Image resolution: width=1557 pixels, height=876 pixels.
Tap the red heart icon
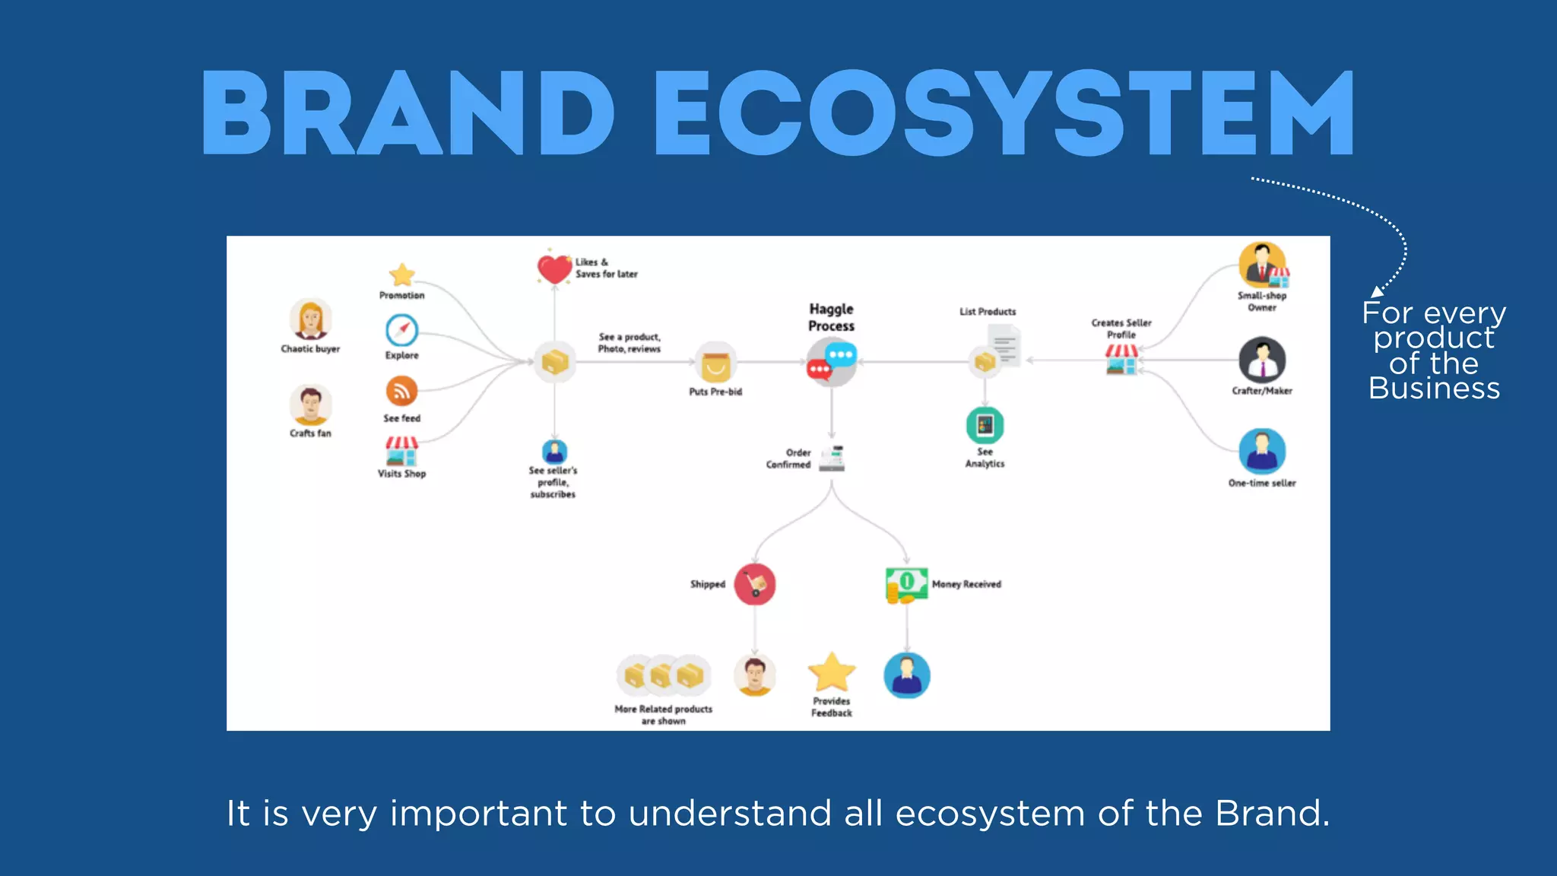tap(554, 269)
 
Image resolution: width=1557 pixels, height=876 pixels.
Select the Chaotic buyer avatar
tap(310, 319)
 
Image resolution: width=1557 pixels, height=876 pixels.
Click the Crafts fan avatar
tap(310, 405)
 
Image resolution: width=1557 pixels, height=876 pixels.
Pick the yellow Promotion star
tap(401, 275)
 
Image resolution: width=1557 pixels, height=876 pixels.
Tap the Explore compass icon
tap(401, 331)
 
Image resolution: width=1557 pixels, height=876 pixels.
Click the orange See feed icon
tap(401, 392)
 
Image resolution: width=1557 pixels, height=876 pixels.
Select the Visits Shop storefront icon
tap(401, 451)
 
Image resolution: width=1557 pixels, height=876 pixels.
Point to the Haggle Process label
tap(831, 317)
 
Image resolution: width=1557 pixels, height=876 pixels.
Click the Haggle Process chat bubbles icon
tap(831, 362)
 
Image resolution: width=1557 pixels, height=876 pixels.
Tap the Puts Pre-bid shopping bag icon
tap(715, 364)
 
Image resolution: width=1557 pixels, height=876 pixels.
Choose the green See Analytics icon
tap(985, 425)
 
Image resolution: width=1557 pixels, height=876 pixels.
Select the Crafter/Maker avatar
tap(1262, 360)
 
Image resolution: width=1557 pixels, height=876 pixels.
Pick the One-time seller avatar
tap(1262, 451)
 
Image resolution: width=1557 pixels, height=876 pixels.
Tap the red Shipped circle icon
tap(754, 584)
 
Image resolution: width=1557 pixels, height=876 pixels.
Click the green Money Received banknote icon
tap(906, 585)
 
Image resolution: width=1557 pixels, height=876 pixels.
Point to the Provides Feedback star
tap(832, 672)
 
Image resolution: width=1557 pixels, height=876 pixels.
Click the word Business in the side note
tap(1434, 389)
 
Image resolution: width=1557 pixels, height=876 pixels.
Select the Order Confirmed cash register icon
tap(832, 458)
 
